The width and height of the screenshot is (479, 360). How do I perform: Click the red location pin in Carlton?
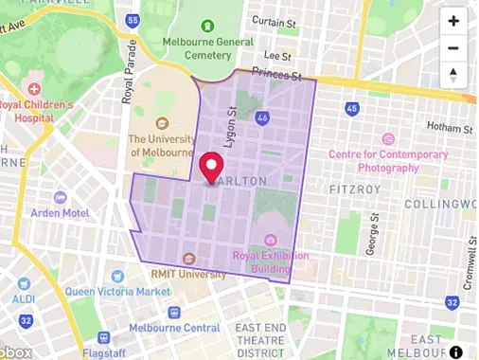click(210, 167)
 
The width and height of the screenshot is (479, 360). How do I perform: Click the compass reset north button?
click(453, 75)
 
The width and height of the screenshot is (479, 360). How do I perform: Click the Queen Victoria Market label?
click(112, 291)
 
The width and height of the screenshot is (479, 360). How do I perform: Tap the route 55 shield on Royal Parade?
click(132, 20)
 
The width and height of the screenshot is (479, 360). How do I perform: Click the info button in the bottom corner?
click(455, 351)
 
